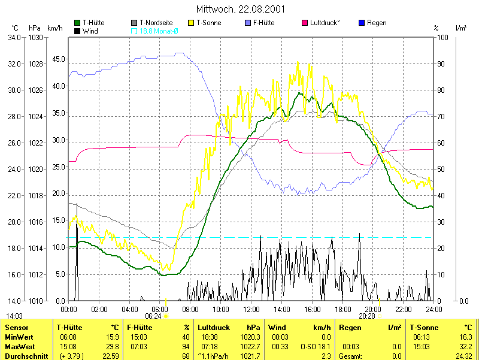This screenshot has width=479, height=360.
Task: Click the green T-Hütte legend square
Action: point(77,23)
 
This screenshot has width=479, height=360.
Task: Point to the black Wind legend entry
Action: point(87,30)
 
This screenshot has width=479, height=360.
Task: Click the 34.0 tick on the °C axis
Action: point(14,37)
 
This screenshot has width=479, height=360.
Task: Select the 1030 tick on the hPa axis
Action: point(35,37)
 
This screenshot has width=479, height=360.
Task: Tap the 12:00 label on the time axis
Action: point(251,309)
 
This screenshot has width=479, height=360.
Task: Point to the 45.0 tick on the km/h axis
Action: point(57,59)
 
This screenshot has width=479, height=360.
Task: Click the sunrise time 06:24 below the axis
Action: point(153,316)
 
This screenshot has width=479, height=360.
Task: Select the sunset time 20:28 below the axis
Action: point(367,316)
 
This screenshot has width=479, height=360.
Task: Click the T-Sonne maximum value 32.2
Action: point(465,347)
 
